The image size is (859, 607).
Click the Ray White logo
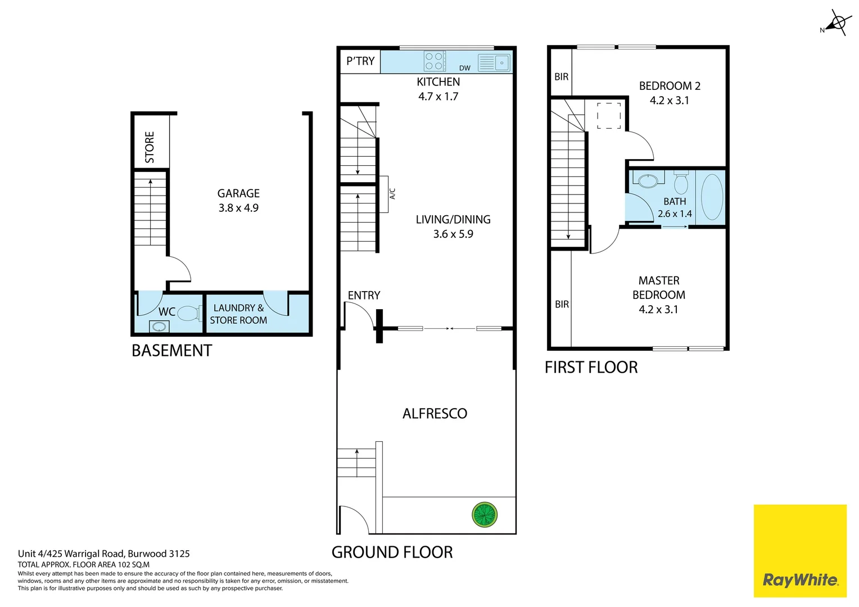tap(799, 579)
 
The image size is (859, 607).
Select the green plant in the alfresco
tap(484, 514)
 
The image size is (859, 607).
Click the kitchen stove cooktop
tap(435, 61)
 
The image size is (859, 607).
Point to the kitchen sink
tap(494, 62)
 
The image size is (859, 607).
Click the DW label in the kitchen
tap(464, 68)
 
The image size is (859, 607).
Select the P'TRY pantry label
tap(360, 61)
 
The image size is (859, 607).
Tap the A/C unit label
tap(392, 194)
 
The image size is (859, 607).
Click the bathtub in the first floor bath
tap(712, 197)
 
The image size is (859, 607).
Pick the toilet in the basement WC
tap(189, 313)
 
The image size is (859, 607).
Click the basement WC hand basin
tap(159, 327)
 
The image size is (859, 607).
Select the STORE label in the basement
tap(150, 147)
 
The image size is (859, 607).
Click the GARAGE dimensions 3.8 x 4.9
tap(238, 208)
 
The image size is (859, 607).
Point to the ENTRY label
tap(364, 296)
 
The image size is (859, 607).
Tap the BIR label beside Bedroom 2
tap(561, 77)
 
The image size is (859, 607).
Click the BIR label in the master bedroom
tap(562, 305)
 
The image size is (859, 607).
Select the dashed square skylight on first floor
tap(609, 116)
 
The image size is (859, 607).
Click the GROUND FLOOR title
tap(392, 552)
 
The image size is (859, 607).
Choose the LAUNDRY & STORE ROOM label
tap(238, 314)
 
